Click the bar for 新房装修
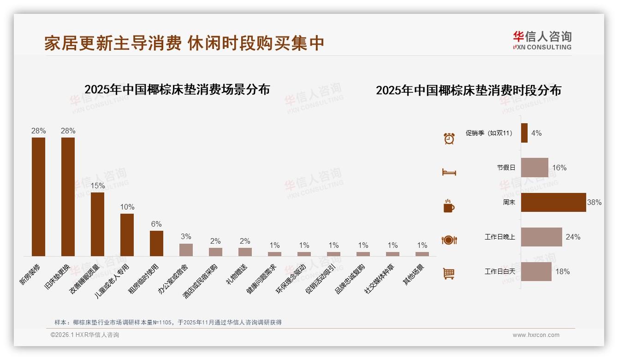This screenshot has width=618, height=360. (38, 197)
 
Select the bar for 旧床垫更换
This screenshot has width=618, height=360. (68, 197)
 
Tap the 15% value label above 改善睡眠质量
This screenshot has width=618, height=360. (98, 186)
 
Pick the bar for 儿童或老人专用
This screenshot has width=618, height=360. (127, 234)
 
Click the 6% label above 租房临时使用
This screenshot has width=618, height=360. (156, 224)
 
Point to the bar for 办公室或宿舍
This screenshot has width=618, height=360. (186, 250)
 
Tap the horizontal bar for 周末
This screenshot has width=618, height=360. (553, 202)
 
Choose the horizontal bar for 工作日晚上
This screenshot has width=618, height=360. (541, 237)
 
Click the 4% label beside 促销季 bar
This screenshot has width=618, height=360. (536, 133)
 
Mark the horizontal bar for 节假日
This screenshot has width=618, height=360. (535, 168)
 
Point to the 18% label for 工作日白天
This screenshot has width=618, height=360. (562, 271)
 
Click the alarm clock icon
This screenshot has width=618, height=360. (449, 138)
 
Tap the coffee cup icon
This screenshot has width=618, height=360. (449, 206)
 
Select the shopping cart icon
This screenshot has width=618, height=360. (449, 274)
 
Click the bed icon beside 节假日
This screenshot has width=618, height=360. (449, 172)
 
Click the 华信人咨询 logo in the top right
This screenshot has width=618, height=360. (542, 40)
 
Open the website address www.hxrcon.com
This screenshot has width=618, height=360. (536, 335)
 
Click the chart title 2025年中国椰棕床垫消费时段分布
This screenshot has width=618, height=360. (469, 90)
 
